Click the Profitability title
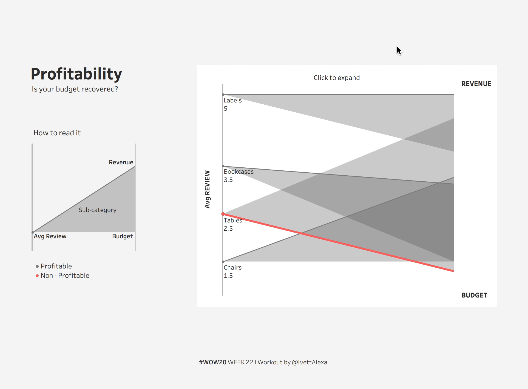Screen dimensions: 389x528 pyautogui.click(x=76, y=74)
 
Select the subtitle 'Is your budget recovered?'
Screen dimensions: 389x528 pyautogui.click(x=75, y=89)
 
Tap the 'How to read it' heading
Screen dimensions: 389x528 pyautogui.click(x=57, y=133)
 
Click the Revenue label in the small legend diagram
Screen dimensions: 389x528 pyautogui.click(x=121, y=162)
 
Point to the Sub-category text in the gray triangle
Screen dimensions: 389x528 pyautogui.click(x=97, y=210)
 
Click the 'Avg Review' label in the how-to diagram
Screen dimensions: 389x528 pyautogui.click(x=50, y=236)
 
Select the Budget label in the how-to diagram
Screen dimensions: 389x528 pyautogui.click(x=122, y=236)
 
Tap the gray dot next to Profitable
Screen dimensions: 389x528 pyautogui.click(x=37, y=266)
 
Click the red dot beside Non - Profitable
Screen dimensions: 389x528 pyautogui.click(x=37, y=276)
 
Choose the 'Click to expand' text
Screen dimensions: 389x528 pyautogui.click(x=337, y=78)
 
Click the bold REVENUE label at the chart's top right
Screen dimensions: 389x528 pyautogui.click(x=476, y=84)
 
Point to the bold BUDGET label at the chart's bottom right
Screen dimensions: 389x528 pyautogui.click(x=474, y=295)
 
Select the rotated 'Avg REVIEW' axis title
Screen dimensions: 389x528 pyautogui.click(x=207, y=189)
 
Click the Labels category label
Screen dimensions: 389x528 pyautogui.click(x=232, y=101)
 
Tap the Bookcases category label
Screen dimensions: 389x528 pyautogui.click(x=239, y=172)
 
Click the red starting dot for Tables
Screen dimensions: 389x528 pyautogui.click(x=223, y=214)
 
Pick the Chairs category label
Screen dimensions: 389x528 pyautogui.click(x=232, y=268)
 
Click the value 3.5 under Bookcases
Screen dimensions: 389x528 pyautogui.click(x=228, y=180)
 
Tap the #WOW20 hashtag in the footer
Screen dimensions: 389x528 pyautogui.click(x=212, y=362)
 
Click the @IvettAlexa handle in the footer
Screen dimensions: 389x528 pyautogui.click(x=309, y=362)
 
